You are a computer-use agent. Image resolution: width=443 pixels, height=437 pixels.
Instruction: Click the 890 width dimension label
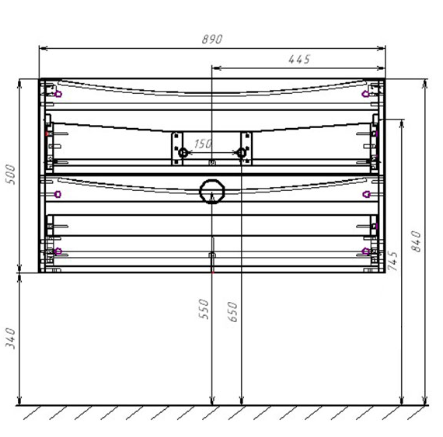[212, 40]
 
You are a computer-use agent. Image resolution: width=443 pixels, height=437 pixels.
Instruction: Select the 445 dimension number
[299, 59]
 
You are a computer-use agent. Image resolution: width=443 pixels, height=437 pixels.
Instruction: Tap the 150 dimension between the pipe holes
[203, 144]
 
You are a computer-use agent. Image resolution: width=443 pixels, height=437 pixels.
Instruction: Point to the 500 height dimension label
[10, 175]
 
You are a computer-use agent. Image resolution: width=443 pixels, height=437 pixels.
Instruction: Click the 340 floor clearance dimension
[10, 338]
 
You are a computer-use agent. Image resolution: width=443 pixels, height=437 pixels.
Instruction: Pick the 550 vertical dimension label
[204, 309]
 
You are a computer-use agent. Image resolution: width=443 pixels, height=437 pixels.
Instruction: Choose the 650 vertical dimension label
[233, 312]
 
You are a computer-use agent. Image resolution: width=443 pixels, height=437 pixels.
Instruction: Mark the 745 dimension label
[392, 261]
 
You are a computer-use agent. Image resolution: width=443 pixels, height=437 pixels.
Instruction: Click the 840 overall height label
[416, 241]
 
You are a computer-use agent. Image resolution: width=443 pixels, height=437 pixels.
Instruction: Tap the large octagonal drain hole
[212, 191]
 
